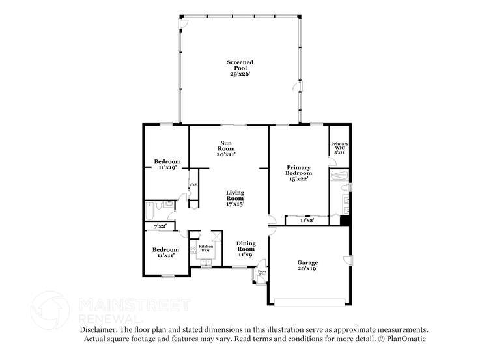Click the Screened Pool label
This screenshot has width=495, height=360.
240,68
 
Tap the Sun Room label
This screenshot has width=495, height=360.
225,148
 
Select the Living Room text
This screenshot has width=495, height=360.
234,198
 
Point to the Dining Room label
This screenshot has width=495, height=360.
246,249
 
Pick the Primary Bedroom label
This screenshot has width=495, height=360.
299,173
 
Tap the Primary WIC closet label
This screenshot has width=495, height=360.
339,147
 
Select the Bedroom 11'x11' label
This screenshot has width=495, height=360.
165,252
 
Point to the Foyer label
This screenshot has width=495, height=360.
262,273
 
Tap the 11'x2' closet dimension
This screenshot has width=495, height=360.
307,221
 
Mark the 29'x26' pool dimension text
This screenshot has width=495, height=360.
240,74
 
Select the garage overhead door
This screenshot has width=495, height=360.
309,301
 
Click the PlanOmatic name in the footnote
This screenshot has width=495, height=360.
408,339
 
